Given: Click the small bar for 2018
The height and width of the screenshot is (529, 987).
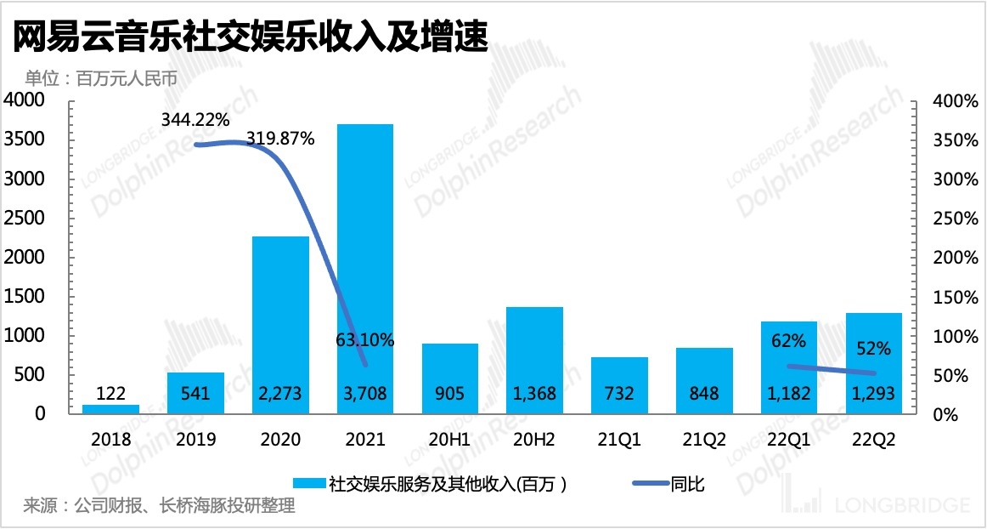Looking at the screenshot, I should [111, 409].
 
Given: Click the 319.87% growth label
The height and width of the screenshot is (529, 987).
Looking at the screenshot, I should [280, 139].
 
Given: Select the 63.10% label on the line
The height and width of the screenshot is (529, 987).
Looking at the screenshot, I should [364, 341].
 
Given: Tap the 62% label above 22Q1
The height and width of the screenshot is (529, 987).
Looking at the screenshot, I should [788, 342].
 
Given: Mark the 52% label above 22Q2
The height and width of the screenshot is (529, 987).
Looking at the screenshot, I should [873, 349].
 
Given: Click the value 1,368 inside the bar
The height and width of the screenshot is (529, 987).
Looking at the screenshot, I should [534, 395].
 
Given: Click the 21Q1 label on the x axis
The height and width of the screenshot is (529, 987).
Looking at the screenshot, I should [619, 440].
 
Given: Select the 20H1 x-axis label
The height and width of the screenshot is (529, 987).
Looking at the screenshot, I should [449, 440].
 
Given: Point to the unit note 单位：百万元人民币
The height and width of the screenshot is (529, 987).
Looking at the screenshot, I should [100, 79].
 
